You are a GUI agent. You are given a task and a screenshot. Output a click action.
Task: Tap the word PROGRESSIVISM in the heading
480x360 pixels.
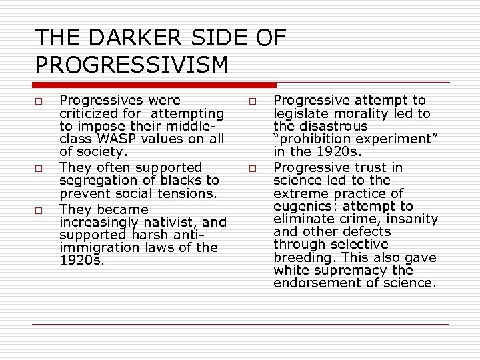[131, 65]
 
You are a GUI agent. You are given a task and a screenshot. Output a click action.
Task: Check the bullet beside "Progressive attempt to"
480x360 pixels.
[253, 101]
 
